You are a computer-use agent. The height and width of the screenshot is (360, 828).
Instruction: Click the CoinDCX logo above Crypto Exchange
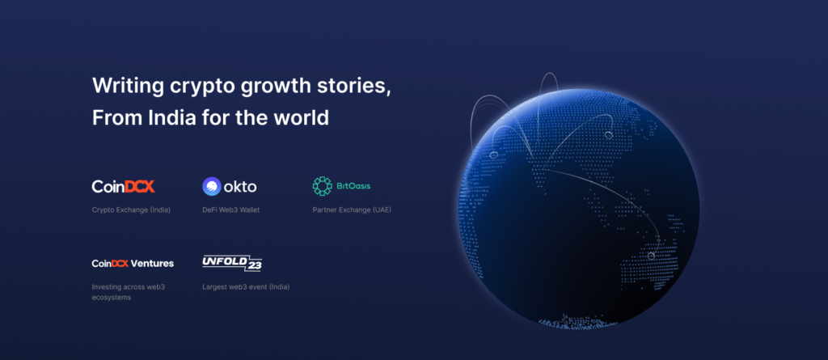point(124,186)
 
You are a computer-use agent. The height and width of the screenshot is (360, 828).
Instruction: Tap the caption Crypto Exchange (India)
point(131,210)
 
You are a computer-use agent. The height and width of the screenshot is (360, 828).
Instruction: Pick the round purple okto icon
point(211,187)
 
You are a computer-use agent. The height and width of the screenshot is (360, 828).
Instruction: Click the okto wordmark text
point(240,187)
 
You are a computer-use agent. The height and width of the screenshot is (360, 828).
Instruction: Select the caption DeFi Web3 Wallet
point(230,210)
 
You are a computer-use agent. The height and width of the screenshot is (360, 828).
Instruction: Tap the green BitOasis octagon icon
point(322,186)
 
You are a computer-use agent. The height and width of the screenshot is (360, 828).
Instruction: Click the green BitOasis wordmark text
point(353,186)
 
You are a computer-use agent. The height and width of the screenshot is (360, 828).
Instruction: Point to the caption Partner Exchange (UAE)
point(352,210)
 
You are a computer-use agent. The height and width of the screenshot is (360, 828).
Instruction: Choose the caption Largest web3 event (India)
point(246,287)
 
